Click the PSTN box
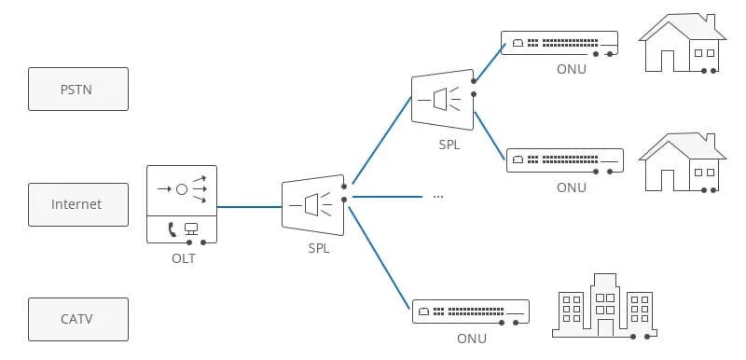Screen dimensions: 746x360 [78, 89]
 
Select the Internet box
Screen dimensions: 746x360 [78, 204]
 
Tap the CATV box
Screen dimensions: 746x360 [78, 319]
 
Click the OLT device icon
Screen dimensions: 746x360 [182, 204]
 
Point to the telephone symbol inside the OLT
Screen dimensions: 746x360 [172, 229]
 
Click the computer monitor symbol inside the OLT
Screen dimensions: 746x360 [191, 229]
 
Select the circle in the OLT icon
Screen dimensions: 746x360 [182, 189]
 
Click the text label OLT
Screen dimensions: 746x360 [184, 258]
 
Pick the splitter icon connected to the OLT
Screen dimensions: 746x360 [313, 205]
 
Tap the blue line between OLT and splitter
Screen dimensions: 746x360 [249, 207]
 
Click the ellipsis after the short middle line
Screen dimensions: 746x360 [438, 197]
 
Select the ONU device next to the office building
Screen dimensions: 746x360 [471, 312]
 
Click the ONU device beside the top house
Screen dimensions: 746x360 [559, 43]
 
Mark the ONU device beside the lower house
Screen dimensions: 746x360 [565, 160]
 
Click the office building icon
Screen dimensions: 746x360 [604, 305]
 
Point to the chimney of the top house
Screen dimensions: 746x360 [710, 21]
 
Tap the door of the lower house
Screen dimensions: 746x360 [668, 180]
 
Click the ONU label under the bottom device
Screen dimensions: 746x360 [472, 339]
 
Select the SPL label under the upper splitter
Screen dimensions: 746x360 [449, 145]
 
